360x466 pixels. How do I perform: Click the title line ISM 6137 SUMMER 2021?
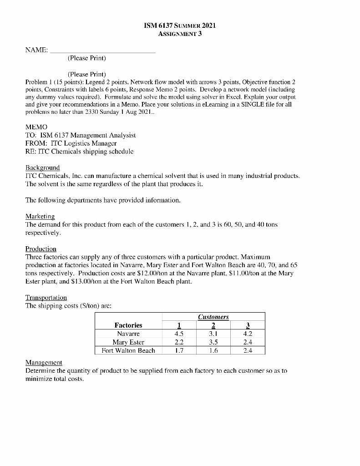click(180, 25)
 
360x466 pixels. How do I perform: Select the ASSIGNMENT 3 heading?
click(180, 33)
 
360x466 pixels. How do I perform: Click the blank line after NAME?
click(102, 51)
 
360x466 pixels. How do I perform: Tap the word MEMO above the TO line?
click(36, 127)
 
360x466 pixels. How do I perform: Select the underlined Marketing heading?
click(40, 217)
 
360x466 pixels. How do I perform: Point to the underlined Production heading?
click(41, 249)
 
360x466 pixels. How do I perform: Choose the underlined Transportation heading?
click(46, 298)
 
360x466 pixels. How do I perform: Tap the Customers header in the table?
click(213, 317)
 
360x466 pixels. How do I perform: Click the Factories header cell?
click(128, 325)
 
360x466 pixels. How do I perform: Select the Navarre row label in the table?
click(128, 334)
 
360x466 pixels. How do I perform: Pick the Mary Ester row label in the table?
click(128, 342)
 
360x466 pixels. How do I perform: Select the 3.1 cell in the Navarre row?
click(213, 334)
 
